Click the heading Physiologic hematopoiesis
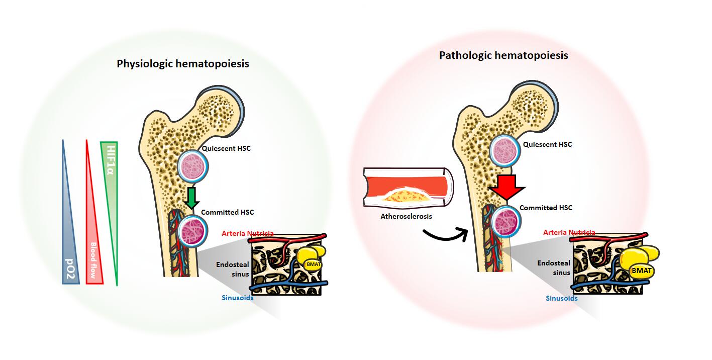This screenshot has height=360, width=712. (x=183, y=64)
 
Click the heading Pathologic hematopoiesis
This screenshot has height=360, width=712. (x=503, y=55)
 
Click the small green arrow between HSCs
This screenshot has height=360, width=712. (x=191, y=198)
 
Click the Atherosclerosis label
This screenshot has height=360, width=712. (x=406, y=217)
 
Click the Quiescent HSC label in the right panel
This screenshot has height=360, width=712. (x=547, y=144)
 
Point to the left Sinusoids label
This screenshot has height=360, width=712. (x=238, y=297)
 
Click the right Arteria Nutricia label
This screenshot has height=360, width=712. (x=569, y=233)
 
